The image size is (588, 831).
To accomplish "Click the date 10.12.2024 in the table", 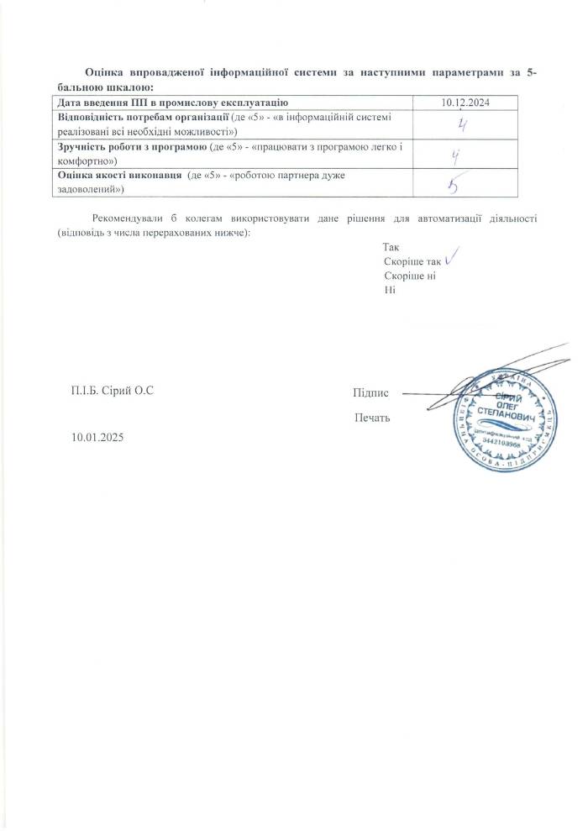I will click(465, 103).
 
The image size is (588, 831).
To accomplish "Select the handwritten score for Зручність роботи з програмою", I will click(457, 155).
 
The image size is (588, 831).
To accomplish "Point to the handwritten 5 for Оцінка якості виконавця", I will click(459, 182).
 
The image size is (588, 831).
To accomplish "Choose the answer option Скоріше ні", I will click(410, 276).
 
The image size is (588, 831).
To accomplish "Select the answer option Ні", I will click(389, 289).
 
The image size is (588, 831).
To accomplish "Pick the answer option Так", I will click(391, 248).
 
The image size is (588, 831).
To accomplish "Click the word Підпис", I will click(370, 392).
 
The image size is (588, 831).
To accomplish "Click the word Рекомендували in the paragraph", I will click(130, 219).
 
